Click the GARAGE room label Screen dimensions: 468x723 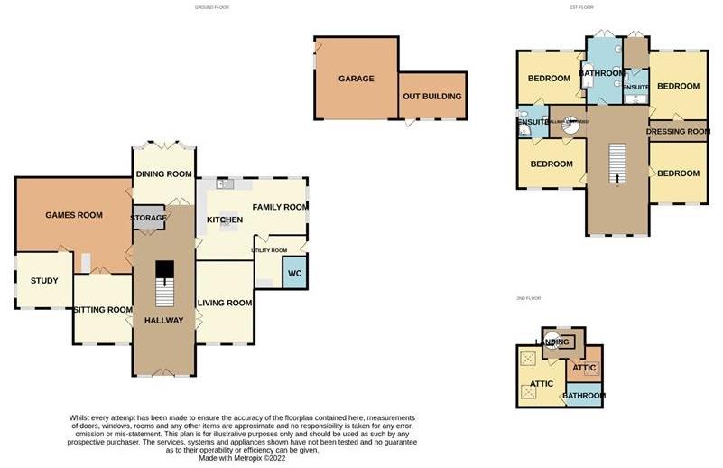point(357,79)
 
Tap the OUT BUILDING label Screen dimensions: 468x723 point(432,97)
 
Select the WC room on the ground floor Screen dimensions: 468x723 point(294,274)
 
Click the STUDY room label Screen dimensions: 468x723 point(44,281)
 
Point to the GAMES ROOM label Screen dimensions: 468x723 point(74,215)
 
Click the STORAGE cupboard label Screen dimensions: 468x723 point(149,219)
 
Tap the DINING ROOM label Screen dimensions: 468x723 point(163,174)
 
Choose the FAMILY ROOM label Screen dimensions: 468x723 point(279,208)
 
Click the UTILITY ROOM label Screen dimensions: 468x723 point(269,250)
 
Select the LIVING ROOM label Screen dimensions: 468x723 point(225,303)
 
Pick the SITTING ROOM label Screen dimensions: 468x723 point(103,310)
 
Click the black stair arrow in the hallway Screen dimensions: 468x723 point(163,271)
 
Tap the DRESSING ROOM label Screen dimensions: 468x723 point(678,132)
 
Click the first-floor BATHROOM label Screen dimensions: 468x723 point(601,73)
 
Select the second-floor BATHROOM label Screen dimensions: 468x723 point(584,396)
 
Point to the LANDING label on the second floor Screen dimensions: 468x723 point(552,342)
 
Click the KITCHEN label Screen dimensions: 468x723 point(225,220)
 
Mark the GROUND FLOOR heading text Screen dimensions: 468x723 point(212,7)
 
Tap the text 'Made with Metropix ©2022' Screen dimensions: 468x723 point(243,458)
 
